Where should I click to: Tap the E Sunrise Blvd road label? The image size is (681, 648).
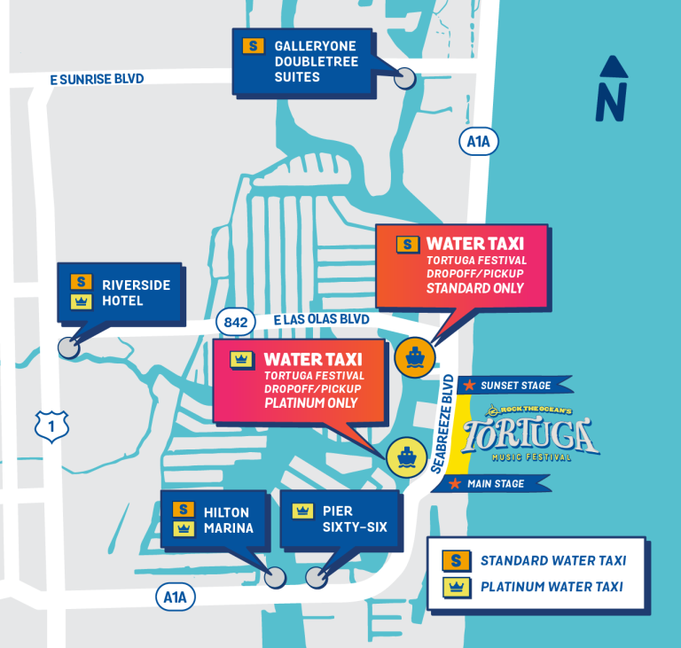pos(97,79)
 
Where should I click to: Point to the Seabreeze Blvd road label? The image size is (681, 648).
pos(446,424)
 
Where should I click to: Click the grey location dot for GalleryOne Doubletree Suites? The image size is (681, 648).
pos(405,78)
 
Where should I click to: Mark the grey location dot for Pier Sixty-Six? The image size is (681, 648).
pos(316,578)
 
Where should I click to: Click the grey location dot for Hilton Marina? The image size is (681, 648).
pos(276,577)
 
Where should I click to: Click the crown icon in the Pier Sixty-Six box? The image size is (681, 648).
pos(303,511)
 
